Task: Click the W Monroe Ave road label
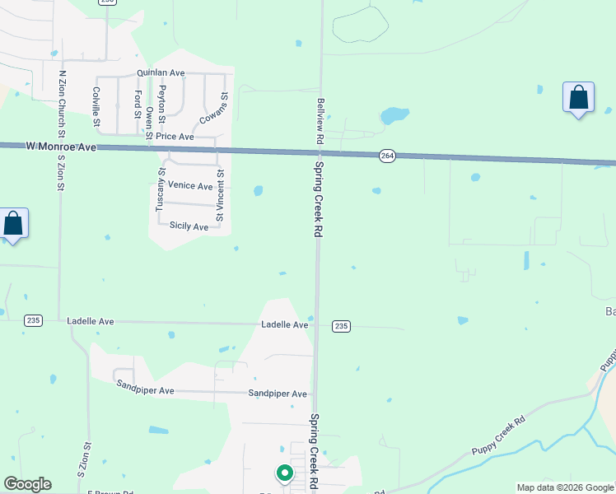coord(62,147)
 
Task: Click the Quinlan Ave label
coord(161,73)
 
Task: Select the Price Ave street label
coord(174,137)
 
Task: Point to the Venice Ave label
coord(190,186)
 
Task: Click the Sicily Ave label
coord(189,226)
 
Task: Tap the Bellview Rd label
coord(320,122)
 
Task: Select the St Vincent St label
coord(220,195)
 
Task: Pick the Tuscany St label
coord(161,190)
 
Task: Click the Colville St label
coord(96,110)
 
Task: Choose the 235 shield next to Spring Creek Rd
coord(342,327)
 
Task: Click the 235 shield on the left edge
coord(33,320)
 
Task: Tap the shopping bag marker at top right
coord(579,98)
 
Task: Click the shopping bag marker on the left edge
coord(13,223)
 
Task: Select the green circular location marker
coord(284,473)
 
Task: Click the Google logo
coord(27,484)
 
